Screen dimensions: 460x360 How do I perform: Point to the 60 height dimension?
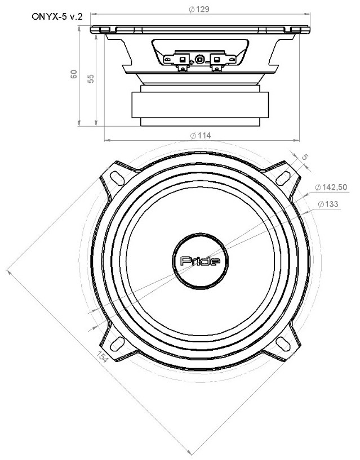74,74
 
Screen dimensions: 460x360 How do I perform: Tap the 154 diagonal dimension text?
102,358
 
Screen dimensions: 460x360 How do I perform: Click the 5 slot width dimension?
305,158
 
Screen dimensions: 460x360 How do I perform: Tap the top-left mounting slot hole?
117,176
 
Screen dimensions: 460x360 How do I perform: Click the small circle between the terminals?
199,59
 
